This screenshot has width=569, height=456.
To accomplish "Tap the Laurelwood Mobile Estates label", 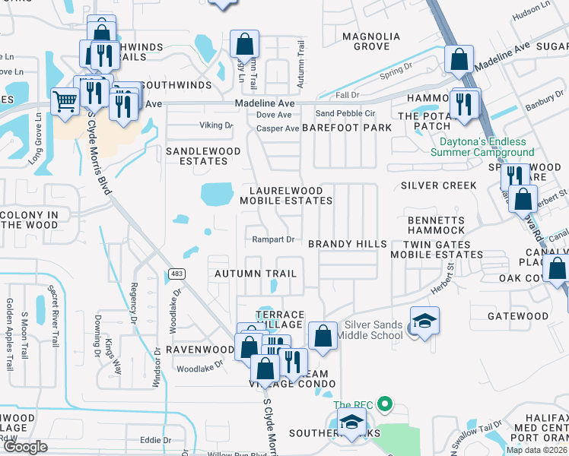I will click(x=286, y=195).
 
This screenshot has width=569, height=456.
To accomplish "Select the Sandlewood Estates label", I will click(x=197, y=156).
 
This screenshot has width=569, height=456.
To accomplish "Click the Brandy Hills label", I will click(x=348, y=244).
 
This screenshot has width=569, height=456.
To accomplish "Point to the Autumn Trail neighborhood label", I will click(x=255, y=273).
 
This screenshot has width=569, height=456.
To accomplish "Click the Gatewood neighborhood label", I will click(x=517, y=315).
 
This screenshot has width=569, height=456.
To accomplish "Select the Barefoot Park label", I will click(x=346, y=128).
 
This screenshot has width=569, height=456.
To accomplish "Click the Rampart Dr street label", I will click(x=274, y=239).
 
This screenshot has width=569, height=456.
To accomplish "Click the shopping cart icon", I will click(x=65, y=100).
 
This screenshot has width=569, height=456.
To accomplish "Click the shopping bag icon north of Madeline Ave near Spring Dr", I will click(x=459, y=58).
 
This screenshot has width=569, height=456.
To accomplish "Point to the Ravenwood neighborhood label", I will click(x=201, y=350).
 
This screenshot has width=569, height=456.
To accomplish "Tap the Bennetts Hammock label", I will click(x=436, y=224).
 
